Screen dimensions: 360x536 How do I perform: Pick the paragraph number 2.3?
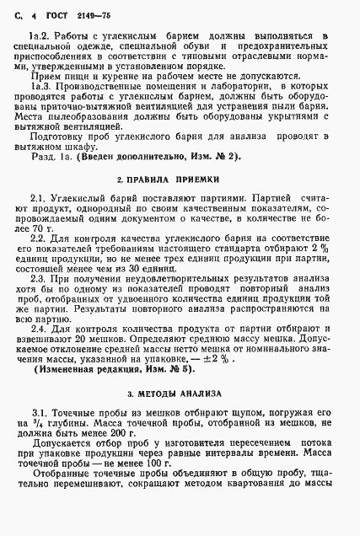(x=40, y=277)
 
